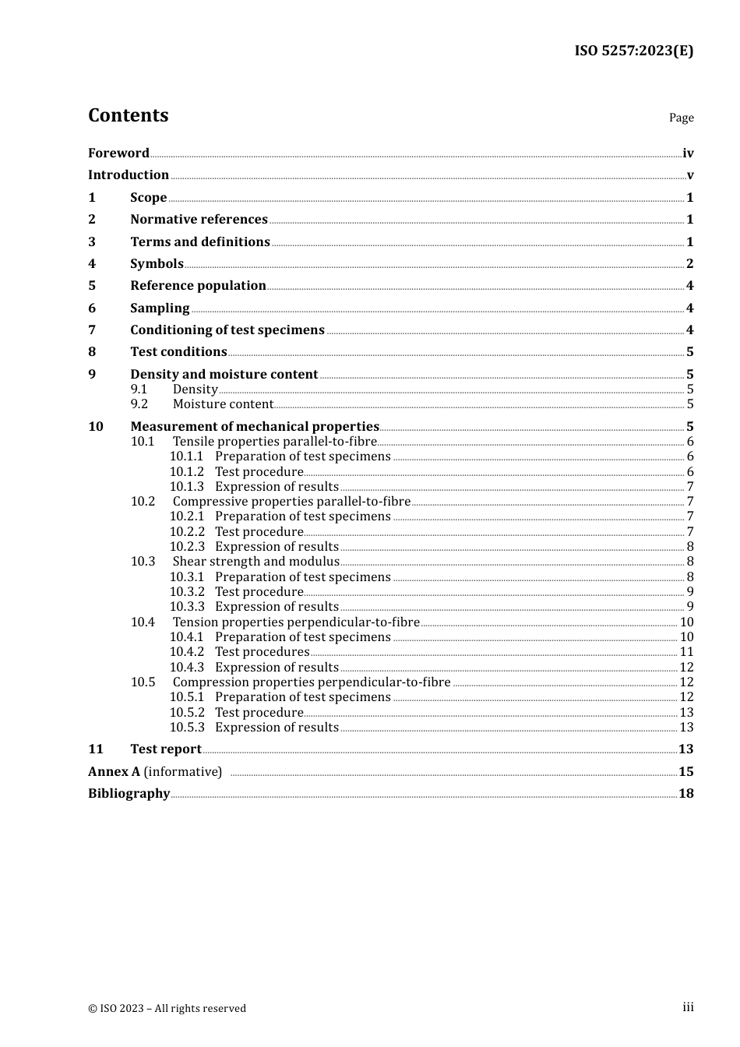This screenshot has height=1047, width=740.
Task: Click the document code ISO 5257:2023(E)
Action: (x=633, y=51)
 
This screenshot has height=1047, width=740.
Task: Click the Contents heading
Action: (x=128, y=115)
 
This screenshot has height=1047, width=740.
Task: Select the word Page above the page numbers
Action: (x=681, y=118)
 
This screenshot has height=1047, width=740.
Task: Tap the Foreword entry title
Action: (x=118, y=153)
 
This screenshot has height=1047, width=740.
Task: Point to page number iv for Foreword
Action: (x=688, y=153)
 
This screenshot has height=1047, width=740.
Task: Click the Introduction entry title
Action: (x=129, y=174)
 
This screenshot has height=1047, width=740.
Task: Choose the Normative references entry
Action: (x=199, y=219)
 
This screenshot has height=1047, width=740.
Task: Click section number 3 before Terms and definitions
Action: (x=92, y=241)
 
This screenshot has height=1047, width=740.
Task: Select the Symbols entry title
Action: (x=157, y=263)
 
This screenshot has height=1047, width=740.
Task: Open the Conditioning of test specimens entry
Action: (x=227, y=330)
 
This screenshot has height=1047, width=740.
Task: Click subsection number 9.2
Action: (x=139, y=404)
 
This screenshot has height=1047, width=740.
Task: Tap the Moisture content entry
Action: (x=223, y=404)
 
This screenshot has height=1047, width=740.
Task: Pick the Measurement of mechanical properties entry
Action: (x=254, y=426)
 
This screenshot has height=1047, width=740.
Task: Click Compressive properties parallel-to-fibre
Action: (x=291, y=501)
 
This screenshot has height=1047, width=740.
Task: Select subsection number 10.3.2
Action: (x=187, y=591)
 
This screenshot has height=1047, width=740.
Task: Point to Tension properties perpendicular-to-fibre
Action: (x=296, y=622)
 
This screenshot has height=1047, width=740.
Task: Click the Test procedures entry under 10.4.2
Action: (x=262, y=651)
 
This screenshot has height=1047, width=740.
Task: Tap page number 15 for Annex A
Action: (x=685, y=771)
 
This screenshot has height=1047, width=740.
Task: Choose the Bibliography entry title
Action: (x=129, y=793)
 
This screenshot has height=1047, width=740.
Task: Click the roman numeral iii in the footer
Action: (x=688, y=1007)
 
